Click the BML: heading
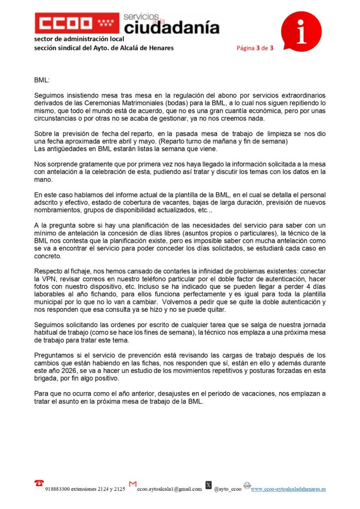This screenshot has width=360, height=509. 42,80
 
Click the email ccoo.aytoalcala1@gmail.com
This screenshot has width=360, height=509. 170,489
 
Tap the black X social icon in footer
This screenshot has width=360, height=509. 208,485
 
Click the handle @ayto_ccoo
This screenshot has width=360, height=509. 228,489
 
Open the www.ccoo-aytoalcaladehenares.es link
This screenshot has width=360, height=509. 288,489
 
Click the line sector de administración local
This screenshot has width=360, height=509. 79,39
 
